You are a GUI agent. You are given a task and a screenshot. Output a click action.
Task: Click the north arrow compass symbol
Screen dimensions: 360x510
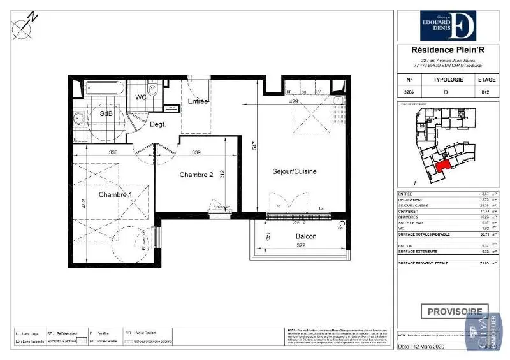(x=24, y=25)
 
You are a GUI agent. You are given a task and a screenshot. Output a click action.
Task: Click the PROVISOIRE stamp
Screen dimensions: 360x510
(x=453, y=312)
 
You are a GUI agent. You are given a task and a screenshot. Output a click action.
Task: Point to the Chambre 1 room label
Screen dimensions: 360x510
(x=115, y=194)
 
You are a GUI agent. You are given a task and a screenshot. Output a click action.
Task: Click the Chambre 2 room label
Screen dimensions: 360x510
(x=196, y=175)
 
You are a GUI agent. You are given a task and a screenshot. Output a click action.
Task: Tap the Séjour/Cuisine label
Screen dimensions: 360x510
(x=294, y=171)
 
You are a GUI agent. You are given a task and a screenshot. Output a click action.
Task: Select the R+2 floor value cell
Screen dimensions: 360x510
(x=485, y=92)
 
